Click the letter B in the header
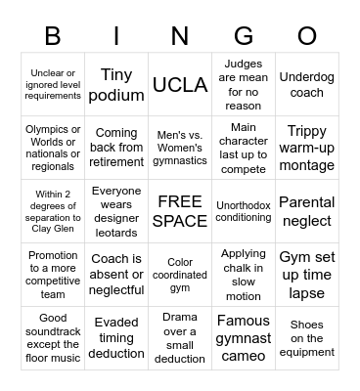[53, 37]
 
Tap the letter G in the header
[244, 37]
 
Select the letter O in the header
[307, 37]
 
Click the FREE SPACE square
[180, 211]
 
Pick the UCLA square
[180, 85]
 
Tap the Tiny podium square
[116, 85]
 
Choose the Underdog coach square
[307, 85]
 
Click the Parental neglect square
[307, 211]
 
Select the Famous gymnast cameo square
[244, 338]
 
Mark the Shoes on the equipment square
[307, 338]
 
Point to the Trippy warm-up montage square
[307, 148]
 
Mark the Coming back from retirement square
[116, 148]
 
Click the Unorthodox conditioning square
[244, 211]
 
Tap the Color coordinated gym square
[180, 275]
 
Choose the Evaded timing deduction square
[116, 338]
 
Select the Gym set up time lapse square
[307, 275]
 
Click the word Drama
[180, 318]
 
